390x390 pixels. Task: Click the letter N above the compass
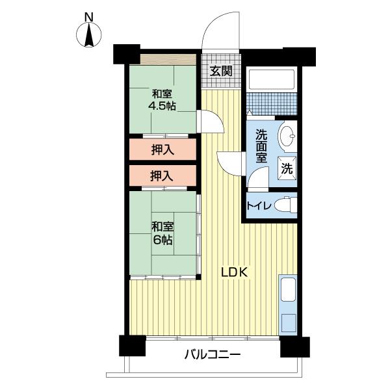(x=89, y=18)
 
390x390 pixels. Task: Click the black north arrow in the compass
(x=89, y=35)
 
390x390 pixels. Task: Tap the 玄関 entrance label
(x=221, y=71)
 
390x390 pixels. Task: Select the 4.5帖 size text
(x=162, y=106)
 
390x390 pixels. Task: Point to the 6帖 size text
(x=162, y=240)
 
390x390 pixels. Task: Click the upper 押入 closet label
(x=162, y=150)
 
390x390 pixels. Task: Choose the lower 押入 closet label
(x=162, y=176)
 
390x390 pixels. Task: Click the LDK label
(x=235, y=272)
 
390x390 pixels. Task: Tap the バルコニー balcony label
(x=213, y=354)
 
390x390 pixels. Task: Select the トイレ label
(x=259, y=206)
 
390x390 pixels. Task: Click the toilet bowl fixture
(x=286, y=205)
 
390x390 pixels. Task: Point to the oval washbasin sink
(x=287, y=136)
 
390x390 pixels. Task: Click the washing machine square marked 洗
(x=287, y=168)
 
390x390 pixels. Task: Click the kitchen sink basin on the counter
(x=288, y=289)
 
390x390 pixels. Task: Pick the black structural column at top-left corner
(x=126, y=54)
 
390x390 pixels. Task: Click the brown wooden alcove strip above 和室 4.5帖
(x=168, y=60)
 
